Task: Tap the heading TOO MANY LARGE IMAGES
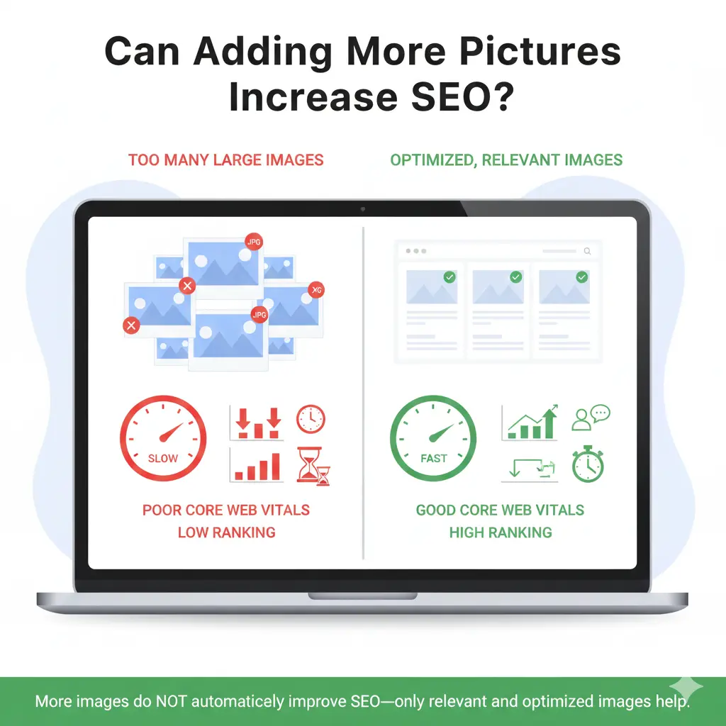(x=225, y=160)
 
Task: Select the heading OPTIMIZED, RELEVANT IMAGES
(x=506, y=160)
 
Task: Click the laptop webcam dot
(x=362, y=209)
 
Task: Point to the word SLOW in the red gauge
(x=162, y=458)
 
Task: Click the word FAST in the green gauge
(x=433, y=458)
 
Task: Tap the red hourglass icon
(x=313, y=467)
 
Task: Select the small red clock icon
(x=311, y=419)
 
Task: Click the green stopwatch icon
(x=588, y=464)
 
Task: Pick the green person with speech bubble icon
(x=590, y=418)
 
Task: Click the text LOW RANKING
(x=226, y=532)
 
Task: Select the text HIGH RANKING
(x=500, y=532)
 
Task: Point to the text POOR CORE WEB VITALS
(x=226, y=510)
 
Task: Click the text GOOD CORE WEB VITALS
(x=500, y=510)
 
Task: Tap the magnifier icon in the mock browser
(x=586, y=251)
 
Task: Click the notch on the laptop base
(x=362, y=596)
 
